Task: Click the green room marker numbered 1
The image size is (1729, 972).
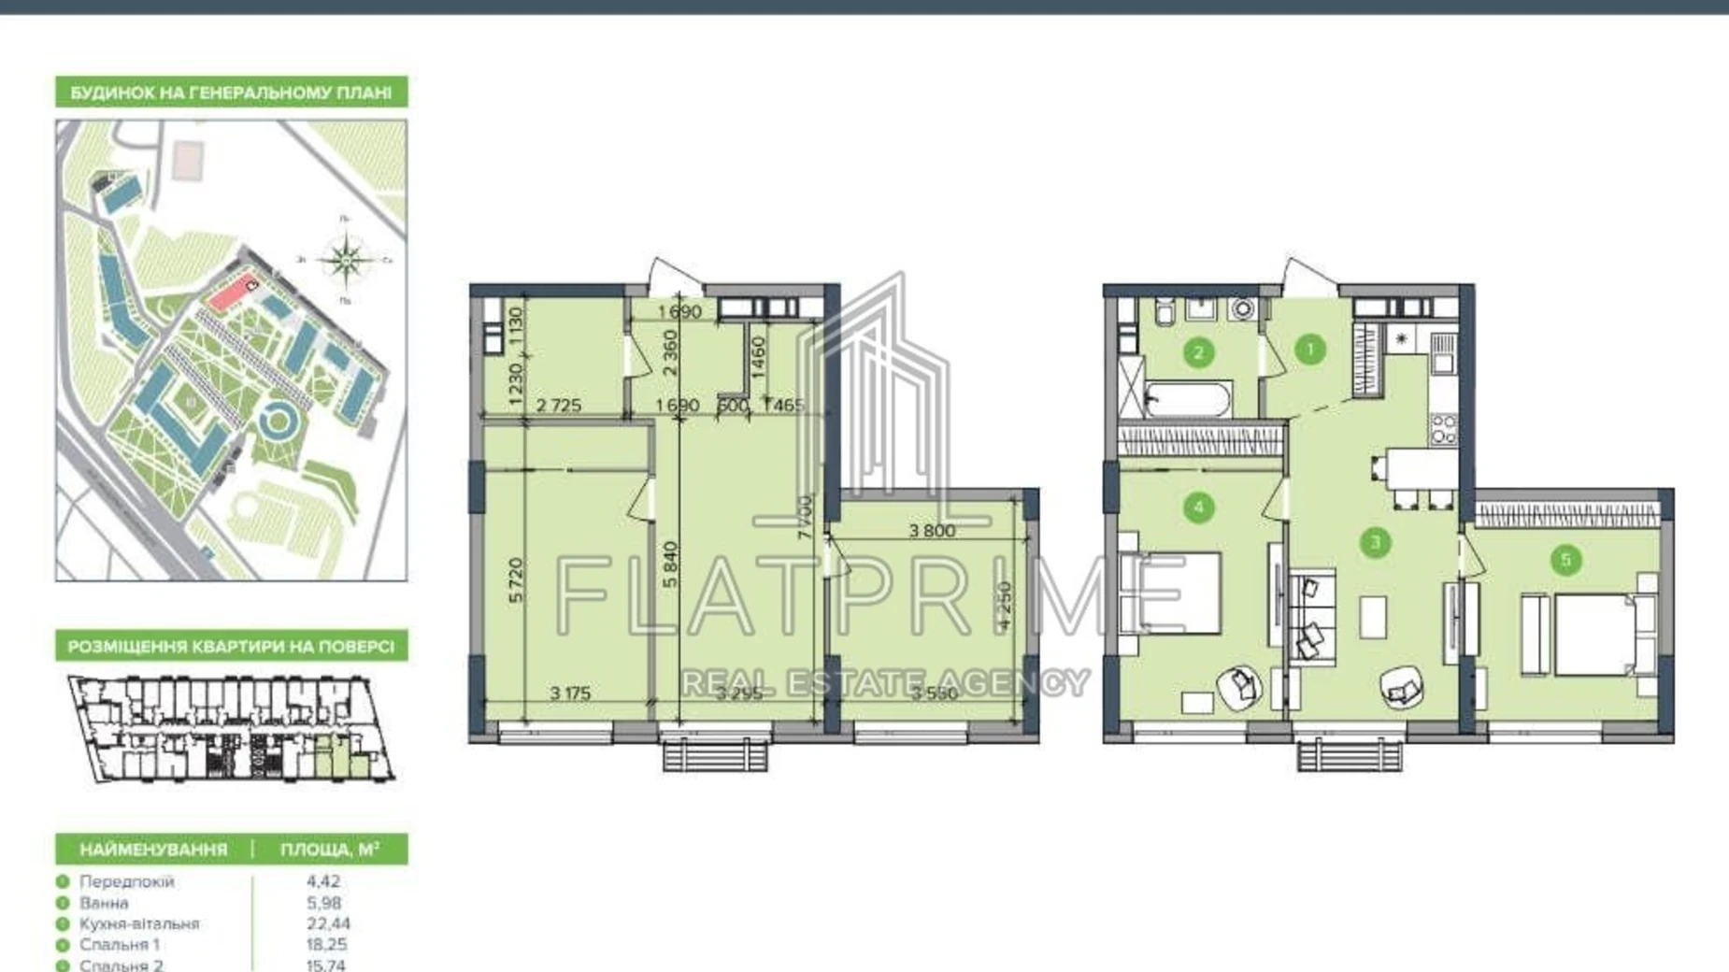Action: click(1309, 350)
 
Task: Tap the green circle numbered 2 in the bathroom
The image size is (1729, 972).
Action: click(1198, 352)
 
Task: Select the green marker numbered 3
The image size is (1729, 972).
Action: click(1375, 542)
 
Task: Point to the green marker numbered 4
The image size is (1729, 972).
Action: click(1198, 508)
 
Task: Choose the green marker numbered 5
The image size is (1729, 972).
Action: click(1565, 560)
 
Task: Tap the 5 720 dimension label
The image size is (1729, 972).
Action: click(516, 579)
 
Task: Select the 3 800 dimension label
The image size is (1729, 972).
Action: click(932, 531)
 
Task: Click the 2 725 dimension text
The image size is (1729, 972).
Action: click(558, 405)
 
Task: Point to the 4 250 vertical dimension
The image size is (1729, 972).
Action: click(1005, 607)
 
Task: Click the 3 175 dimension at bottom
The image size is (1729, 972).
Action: click(570, 693)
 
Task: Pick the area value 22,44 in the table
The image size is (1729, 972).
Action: click(328, 923)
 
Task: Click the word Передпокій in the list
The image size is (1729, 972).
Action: click(126, 881)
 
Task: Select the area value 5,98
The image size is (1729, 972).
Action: click(323, 903)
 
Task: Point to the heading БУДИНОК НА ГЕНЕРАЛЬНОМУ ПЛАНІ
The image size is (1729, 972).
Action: click(231, 93)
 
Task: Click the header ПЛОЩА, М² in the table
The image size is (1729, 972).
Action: click(329, 850)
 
